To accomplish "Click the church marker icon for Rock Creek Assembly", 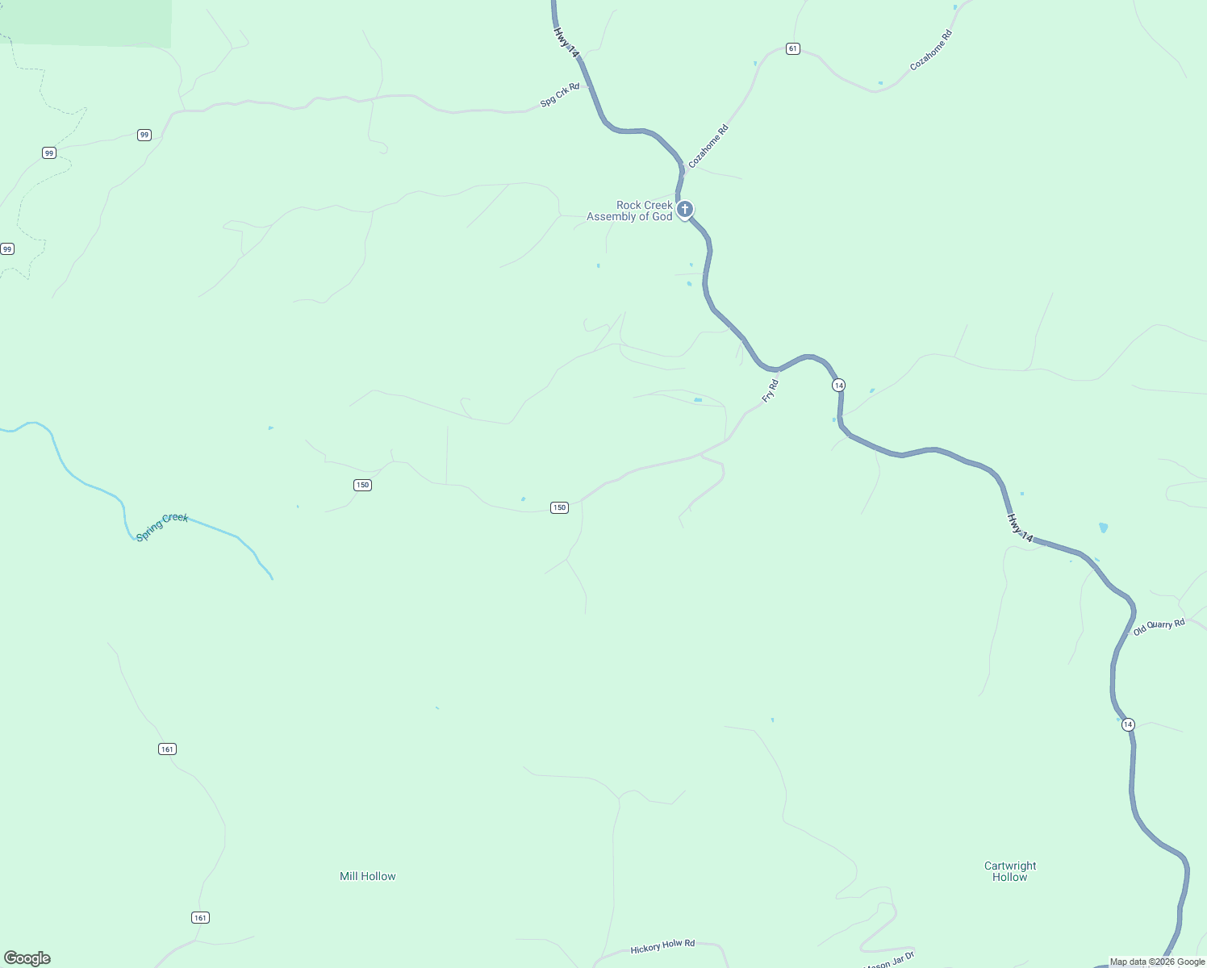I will pos(684,210).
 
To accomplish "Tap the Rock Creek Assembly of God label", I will pos(630,211).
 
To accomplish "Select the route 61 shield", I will pos(793,49).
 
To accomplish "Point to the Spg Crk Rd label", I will pos(560,95).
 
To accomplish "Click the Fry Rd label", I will pos(771,391).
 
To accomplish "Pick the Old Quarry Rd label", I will pos(1159,627).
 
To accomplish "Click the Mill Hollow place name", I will pos(368,876).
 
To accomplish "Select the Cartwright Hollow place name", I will pos(1010,871).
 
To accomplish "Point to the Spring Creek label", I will pos(162,528).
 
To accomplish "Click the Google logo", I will pos(27,958).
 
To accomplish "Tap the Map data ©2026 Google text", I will pos(1157,962).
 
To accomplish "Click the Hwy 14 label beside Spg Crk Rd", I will pos(566,42).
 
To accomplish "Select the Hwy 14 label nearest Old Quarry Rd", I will pos(1020,528).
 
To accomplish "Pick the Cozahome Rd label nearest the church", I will pos(708,146).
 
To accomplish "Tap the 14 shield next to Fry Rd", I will pos(839,386).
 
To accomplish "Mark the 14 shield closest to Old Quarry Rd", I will pos(1128,724).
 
